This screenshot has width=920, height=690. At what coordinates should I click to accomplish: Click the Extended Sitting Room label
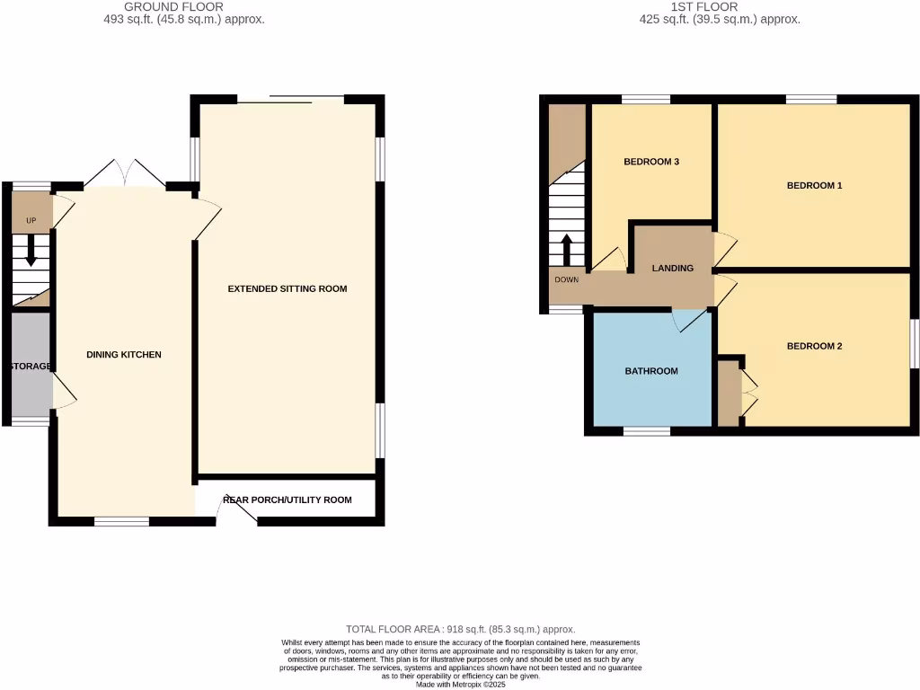click(287, 288)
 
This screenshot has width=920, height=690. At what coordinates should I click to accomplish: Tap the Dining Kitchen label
click(124, 355)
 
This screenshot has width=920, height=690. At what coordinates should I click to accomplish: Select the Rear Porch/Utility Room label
click(287, 500)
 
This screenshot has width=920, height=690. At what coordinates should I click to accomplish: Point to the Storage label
click(31, 367)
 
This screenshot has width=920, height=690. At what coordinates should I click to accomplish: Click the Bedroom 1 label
click(814, 186)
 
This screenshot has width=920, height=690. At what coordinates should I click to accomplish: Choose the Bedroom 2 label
click(814, 346)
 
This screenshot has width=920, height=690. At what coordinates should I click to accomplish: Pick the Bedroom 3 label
click(650, 162)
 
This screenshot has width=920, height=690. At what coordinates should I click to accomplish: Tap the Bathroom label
click(651, 371)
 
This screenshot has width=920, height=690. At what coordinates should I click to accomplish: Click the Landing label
click(672, 268)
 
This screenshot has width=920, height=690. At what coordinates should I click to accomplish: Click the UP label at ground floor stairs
click(30, 220)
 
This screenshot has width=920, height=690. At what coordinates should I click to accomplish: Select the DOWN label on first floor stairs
click(567, 279)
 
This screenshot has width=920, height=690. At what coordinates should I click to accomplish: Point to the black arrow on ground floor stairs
click(31, 251)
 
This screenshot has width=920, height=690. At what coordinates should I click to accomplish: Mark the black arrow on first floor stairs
click(567, 251)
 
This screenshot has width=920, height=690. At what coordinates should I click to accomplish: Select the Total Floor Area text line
click(460, 629)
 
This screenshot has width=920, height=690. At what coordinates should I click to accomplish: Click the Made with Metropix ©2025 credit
click(460, 684)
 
